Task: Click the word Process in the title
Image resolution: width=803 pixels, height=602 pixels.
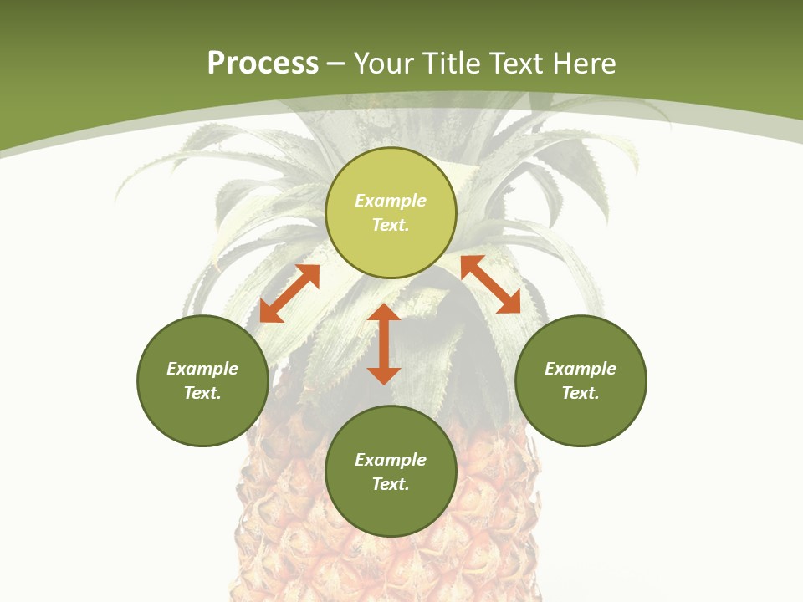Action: [263, 64]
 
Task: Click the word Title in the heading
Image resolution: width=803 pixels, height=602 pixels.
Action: [450, 64]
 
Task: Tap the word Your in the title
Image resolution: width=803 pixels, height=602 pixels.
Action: [385, 64]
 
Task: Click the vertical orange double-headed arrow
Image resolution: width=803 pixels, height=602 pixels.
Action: [384, 344]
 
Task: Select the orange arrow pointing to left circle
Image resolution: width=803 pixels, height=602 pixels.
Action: [289, 293]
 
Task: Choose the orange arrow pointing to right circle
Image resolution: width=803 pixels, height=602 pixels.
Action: [491, 284]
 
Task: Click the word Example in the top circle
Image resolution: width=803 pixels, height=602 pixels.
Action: [391, 201]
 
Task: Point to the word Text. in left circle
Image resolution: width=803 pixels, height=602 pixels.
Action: [202, 393]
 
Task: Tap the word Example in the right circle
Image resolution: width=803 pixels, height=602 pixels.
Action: [581, 369]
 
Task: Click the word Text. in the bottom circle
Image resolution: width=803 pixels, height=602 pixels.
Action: [391, 484]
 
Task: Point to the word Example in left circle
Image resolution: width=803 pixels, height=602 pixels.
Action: [202, 369]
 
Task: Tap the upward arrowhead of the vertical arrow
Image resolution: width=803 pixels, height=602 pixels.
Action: [384, 312]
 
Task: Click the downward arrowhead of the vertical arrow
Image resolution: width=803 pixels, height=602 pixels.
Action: [384, 375]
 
